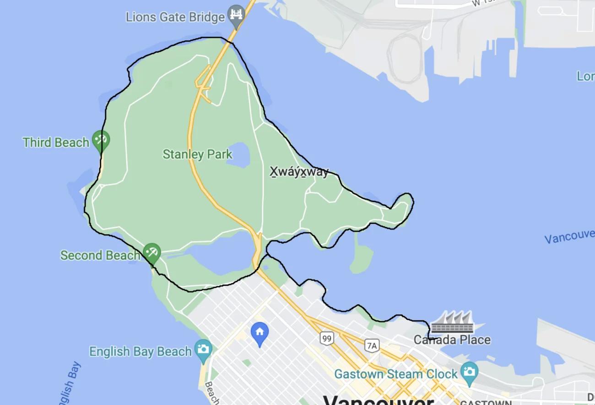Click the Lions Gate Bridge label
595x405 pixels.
click(x=175, y=17)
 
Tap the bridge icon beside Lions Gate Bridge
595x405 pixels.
click(x=236, y=15)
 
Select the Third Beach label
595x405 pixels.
click(x=56, y=142)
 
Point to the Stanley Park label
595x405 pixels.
click(x=197, y=154)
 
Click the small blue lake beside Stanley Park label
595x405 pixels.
click(x=238, y=154)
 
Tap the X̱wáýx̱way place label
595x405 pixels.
click(x=299, y=172)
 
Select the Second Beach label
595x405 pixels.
click(x=100, y=255)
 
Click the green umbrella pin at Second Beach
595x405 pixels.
click(x=151, y=252)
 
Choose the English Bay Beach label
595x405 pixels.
click(x=140, y=352)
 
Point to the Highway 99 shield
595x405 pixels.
click(x=326, y=339)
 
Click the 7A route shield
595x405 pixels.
click(x=372, y=345)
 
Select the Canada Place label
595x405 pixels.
click(x=452, y=340)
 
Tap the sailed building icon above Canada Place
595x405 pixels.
click(x=452, y=322)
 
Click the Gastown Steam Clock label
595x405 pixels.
click(x=395, y=374)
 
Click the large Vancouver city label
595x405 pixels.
click(x=378, y=400)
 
